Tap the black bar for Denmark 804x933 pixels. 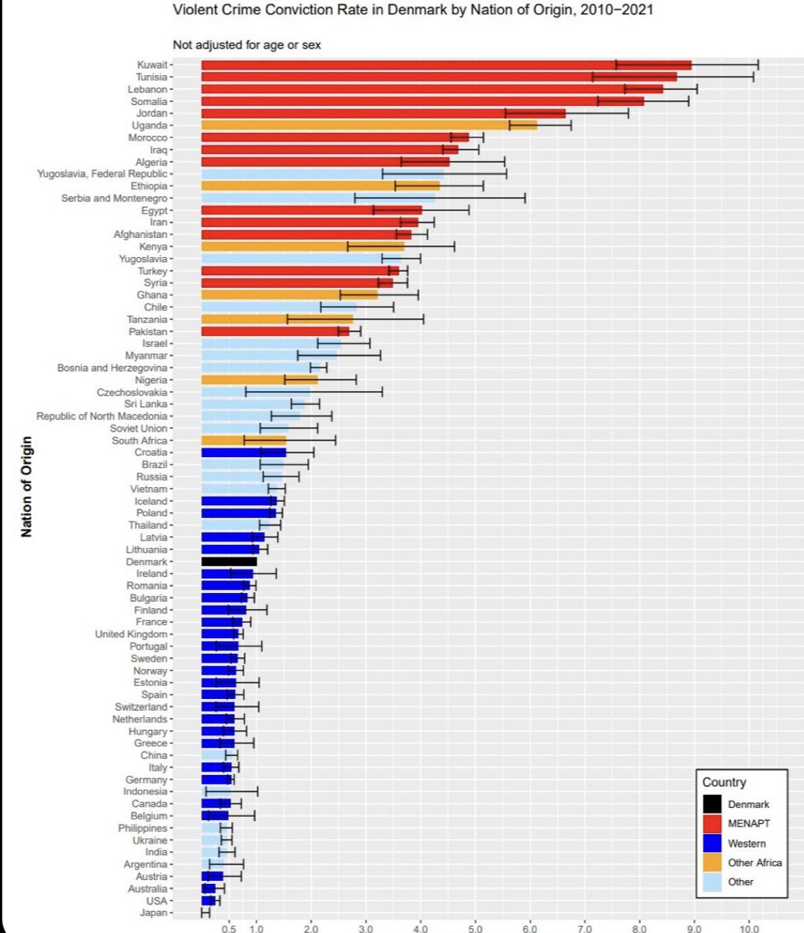click(x=229, y=561)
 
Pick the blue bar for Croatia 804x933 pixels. click(x=243, y=452)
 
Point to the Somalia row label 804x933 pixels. click(x=148, y=101)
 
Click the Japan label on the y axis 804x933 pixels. click(x=154, y=912)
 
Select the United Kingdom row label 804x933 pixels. click(x=131, y=634)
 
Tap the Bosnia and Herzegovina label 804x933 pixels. click(x=112, y=368)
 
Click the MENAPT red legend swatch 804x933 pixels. click(x=712, y=823)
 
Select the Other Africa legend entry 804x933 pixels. click(x=754, y=863)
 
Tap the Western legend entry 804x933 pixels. click(x=746, y=843)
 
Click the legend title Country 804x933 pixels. click(x=724, y=782)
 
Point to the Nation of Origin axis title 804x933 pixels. click(x=27, y=486)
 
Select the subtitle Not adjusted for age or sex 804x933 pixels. click(x=247, y=45)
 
